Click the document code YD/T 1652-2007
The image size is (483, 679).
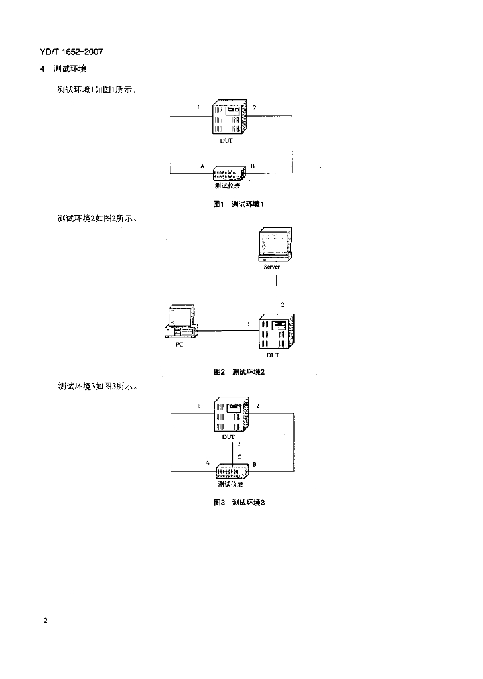pyautogui.click(x=72, y=52)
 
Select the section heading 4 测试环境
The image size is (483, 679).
pyautogui.click(x=63, y=70)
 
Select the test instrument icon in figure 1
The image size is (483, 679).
pyautogui.click(x=230, y=174)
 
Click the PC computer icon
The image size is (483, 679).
pyautogui.click(x=180, y=323)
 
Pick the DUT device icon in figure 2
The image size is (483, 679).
pyautogui.click(x=277, y=332)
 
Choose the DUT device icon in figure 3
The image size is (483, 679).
pyautogui.click(x=232, y=414)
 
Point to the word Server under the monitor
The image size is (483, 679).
pyautogui.click(x=272, y=267)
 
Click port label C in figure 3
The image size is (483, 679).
pyautogui.click(x=239, y=456)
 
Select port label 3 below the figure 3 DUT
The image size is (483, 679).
pyautogui.click(x=240, y=444)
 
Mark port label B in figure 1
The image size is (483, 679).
pyautogui.click(x=253, y=164)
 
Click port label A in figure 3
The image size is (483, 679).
pyautogui.click(x=208, y=462)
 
